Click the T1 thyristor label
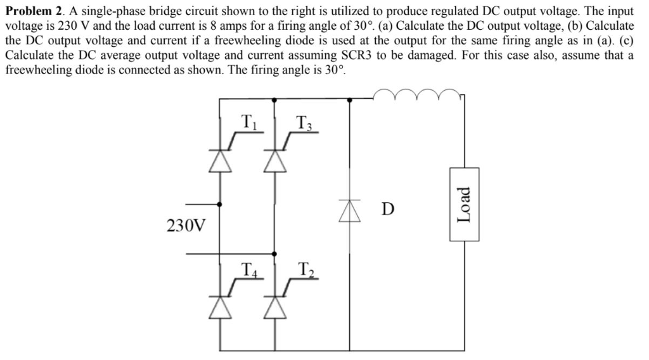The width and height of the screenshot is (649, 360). tap(250, 120)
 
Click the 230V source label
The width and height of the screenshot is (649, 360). tap(186, 225)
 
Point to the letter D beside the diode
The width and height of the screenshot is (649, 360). tap(388, 208)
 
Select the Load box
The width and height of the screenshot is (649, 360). tap(465, 204)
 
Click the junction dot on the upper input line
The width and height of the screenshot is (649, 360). tap(220, 204)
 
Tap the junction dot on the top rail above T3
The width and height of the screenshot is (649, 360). tap(274, 99)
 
